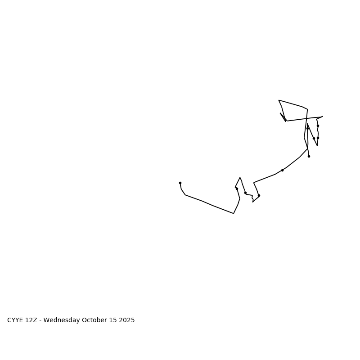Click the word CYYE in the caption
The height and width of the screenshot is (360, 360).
[15, 320]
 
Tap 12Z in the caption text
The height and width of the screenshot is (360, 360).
[31, 320]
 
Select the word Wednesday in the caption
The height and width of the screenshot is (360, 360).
[62, 320]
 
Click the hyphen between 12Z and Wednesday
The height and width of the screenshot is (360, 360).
[41, 320]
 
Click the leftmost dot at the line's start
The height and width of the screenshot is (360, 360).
[180, 183]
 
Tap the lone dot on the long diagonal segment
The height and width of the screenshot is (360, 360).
[282, 170]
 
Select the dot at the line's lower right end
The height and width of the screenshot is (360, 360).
[309, 156]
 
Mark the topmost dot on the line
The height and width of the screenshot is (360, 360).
[318, 126]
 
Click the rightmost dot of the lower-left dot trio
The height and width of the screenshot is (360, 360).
[259, 195]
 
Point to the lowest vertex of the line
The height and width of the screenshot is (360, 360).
[234, 213]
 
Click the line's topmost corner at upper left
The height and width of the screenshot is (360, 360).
[279, 100]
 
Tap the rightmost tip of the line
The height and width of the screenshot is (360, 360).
[323, 117]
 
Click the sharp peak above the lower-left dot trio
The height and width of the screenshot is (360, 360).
[240, 177]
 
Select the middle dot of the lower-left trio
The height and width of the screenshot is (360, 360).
[245, 193]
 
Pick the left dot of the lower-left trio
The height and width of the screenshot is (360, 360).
[237, 189]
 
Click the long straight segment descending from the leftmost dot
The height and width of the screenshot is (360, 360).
[209, 204]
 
